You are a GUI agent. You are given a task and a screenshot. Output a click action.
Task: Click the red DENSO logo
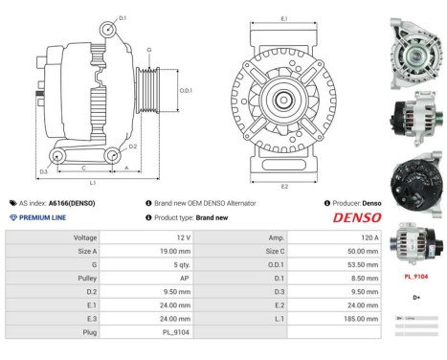tap(356, 218)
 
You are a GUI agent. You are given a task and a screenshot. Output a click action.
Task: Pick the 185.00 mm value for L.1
tap(362, 317)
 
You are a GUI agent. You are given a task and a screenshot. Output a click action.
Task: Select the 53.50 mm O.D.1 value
tap(364, 263)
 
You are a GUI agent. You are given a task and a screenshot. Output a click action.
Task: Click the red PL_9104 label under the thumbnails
tap(414, 277)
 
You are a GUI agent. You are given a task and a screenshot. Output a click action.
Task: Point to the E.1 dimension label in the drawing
tap(284, 18)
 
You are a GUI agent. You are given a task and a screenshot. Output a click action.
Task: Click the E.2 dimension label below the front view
tap(284, 186)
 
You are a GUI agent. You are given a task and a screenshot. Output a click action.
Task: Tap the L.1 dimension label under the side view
tap(93, 182)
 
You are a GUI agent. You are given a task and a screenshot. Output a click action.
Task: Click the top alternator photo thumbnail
tap(413, 46)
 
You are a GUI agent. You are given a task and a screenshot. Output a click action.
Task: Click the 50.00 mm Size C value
tap(364, 250)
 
